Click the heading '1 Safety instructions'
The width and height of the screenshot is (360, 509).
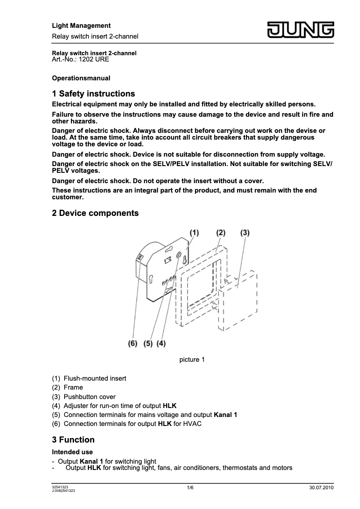(x=93, y=94)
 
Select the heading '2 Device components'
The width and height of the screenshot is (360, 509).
(x=95, y=213)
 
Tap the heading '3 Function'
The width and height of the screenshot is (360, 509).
(x=73, y=439)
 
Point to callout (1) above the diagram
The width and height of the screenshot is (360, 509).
(x=193, y=233)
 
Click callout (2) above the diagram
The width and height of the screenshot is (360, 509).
(x=220, y=233)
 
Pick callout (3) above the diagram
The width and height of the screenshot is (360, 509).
(x=245, y=233)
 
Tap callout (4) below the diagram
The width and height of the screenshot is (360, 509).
(x=161, y=343)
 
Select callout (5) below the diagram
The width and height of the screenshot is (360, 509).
(x=148, y=343)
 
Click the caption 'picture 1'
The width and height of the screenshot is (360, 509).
(x=192, y=360)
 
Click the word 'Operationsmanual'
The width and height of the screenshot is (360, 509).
(x=81, y=78)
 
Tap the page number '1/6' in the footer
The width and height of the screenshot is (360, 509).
(x=190, y=487)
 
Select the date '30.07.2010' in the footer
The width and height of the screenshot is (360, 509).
(x=322, y=487)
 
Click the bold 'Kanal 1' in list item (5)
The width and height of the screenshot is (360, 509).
(x=226, y=415)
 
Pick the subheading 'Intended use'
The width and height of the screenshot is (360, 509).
(x=72, y=452)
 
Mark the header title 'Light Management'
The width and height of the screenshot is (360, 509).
(x=81, y=26)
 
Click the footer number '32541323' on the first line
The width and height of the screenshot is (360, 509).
(x=60, y=487)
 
